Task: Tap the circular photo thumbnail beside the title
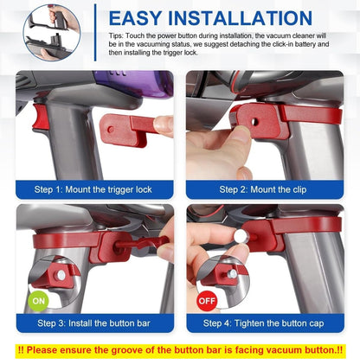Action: pyautogui.click(x=51, y=32)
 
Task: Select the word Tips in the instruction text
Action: pyautogui.click(x=117, y=41)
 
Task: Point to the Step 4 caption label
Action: pyautogui.click(x=264, y=323)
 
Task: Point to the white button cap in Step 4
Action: pyautogui.click(x=241, y=234)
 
